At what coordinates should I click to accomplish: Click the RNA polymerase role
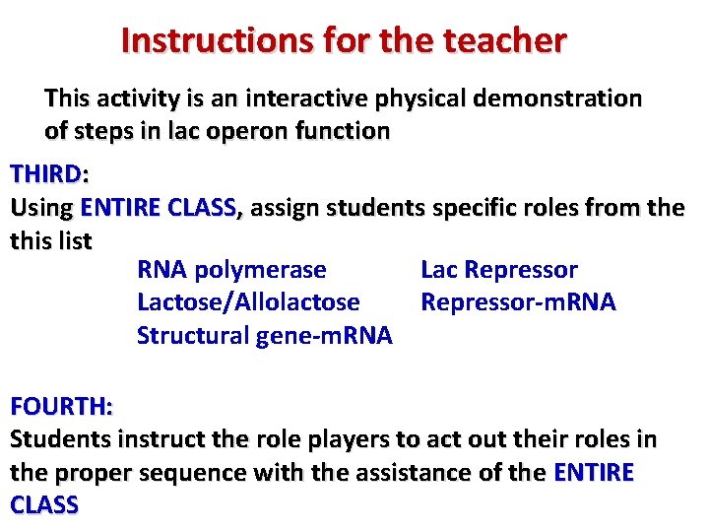231,270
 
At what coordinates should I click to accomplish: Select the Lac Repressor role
498,270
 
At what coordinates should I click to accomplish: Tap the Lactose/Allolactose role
248,302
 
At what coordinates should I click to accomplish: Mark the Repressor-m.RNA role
518,302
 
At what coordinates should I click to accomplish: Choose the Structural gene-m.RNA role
264,336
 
